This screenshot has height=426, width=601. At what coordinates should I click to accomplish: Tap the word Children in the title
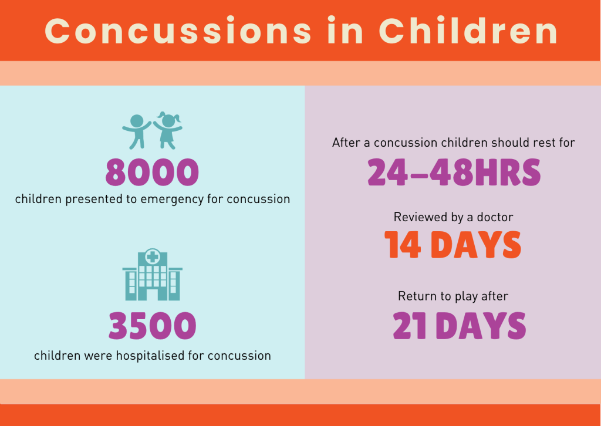[468, 31]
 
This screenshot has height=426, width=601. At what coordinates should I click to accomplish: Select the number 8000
[152, 173]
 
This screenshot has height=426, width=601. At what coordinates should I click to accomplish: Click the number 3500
[152, 326]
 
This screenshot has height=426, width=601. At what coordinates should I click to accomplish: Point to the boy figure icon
[136, 130]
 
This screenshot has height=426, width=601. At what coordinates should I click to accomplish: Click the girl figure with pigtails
[168, 130]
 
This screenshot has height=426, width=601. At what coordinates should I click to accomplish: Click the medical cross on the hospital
[153, 256]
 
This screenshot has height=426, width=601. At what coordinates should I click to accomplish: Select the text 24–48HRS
[454, 172]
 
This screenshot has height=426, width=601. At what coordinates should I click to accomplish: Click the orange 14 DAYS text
[453, 245]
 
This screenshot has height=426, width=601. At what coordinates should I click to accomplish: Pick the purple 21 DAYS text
[459, 326]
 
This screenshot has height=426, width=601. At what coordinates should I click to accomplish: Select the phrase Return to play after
[453, 296]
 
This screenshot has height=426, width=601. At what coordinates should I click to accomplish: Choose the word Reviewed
[420, 217]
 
